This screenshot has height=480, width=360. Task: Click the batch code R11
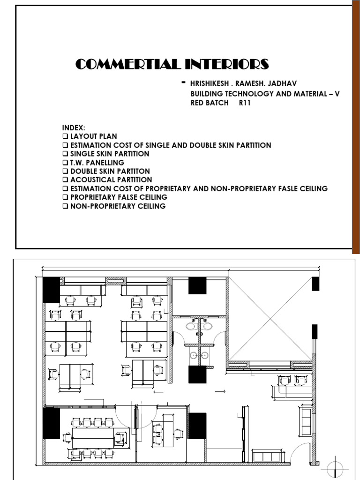(245, 103)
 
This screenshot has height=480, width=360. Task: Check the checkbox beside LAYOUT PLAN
(65, 136)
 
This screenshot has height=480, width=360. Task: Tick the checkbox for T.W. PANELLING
(65, 163)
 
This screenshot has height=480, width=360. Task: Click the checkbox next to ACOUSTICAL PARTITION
(65, 180)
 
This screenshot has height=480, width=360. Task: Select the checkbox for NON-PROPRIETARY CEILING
(65, 206)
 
